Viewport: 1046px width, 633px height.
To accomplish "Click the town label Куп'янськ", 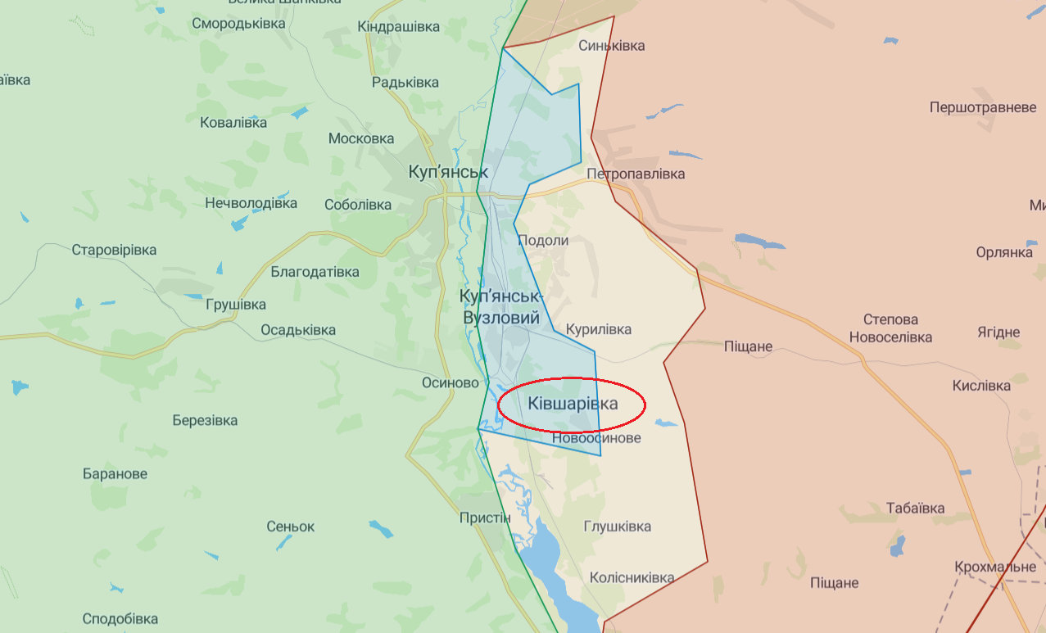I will pyautogui.click(x=448, y=172).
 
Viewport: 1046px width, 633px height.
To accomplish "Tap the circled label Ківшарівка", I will pyautogui.click(x=573, y=404).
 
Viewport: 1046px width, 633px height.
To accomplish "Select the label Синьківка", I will pyautogui.click(x=611, y=45).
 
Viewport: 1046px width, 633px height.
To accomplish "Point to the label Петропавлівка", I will pyautogui.click(x=636, y=174).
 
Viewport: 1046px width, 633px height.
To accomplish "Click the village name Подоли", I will pyautogui.click(x=542, y=240).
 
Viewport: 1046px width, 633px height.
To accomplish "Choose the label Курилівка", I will pyautogui.click(x=599, y=329).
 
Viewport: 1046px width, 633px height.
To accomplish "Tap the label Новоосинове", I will pyautogui.click(x=596, y=438).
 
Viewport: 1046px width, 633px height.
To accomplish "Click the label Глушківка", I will pyautogui.click(x=618, y=526).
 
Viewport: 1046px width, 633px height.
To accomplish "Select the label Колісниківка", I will pyautogui.click(x=632, y=577).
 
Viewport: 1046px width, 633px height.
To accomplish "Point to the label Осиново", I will pyautogui.click(x=450, y=382).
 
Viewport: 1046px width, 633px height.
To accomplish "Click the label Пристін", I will pyautogui.click(x=485, y=518).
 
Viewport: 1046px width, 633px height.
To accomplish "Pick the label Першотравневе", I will pyautogui.click(x=983, y=107).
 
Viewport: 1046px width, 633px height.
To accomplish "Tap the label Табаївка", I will pyautogui.click(x=915, y=508).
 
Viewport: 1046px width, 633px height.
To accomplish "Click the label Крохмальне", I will pyautogui.click(x=994, y=567).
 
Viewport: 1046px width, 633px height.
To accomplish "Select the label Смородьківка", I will pyautogui.click(x=238, y=23).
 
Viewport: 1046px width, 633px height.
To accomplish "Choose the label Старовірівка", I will pyautogui.click(x=114, y=250).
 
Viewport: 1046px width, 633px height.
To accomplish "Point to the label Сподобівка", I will pyautogui.click(x=120, y=618).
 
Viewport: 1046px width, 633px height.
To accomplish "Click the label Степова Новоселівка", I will pyautogui.click(x=890, y=328).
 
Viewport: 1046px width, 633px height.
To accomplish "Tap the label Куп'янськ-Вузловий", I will pyautogui.click(x=501, y=306).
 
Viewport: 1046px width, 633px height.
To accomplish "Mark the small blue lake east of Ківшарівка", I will pyautogui.click(x=665, y=423).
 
